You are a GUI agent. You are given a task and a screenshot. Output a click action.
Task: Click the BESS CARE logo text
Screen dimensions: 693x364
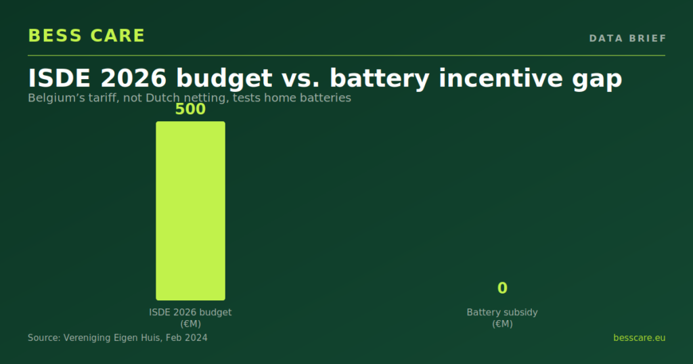click(87, 36)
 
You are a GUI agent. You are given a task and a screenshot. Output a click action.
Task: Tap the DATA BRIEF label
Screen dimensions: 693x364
click(627, 39)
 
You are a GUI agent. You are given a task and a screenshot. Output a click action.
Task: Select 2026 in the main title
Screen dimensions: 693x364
click(133, 78)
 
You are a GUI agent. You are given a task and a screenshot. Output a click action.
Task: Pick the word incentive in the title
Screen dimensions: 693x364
click(501, 78)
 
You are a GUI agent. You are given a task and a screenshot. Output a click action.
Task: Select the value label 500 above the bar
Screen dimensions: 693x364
click(190, 109)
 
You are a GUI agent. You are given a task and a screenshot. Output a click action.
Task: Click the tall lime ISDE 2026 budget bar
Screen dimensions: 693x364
click(190, 210)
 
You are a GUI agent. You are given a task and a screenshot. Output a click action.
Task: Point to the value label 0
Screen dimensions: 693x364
click(503, 288)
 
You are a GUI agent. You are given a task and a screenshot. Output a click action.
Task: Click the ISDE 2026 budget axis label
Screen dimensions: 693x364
click(190, 313)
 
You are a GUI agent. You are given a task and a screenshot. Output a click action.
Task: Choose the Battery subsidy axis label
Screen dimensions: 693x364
click(503, 313)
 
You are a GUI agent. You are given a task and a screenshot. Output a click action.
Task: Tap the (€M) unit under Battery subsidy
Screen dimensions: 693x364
click(503, 324)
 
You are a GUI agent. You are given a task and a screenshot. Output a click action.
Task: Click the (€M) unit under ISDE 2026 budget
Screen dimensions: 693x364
click(190, 324)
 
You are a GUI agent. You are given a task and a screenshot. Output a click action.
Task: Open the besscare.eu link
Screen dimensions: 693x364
click(639, 338)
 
